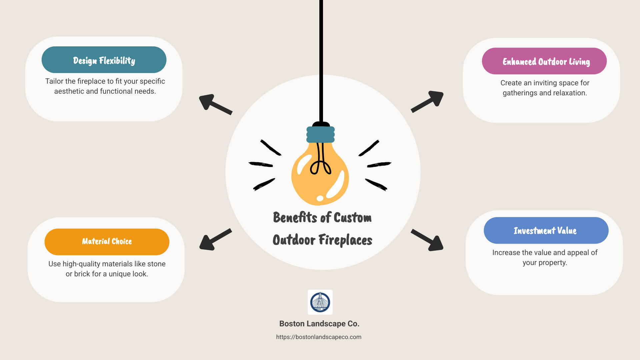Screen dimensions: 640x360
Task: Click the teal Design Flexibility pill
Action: coord(104,60)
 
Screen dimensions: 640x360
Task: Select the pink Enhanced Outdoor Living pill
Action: coord(544,61)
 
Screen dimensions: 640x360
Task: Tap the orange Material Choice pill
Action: coord(107,242)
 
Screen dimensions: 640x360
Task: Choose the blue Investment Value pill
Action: coord(546,230)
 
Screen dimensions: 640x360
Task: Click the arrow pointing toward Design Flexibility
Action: coord(215,104)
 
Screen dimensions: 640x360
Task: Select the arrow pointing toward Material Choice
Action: coord(215,240)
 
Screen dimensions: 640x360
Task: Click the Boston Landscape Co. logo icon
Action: coord(320,302)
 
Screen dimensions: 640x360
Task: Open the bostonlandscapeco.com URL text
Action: coord(319,337)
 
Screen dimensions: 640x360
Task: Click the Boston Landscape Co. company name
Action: coord(319,324)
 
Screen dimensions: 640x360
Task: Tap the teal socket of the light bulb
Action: coord(320,135)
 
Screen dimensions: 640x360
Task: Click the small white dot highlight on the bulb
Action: coord(320,198)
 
